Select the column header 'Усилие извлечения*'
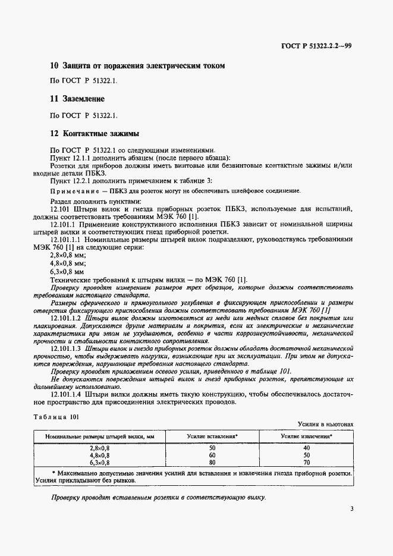307,436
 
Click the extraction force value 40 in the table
307,447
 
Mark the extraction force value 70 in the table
307,461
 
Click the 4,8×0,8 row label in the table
100,454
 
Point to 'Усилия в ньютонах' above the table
326,424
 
